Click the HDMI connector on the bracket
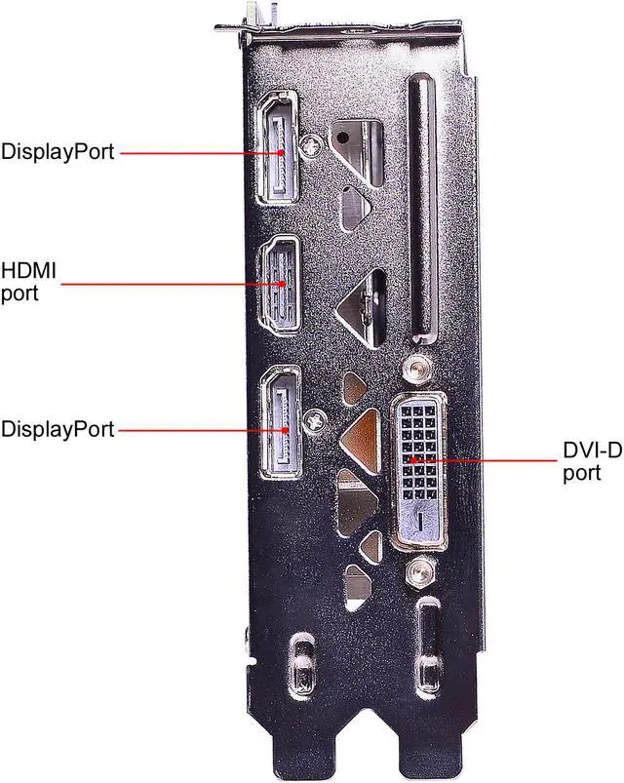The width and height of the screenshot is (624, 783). pos(282,284)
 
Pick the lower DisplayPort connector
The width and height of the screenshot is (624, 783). pos(282,427)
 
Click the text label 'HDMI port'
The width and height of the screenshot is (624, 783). pos(30,280)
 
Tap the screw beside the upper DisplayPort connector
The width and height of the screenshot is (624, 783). pos(313,145)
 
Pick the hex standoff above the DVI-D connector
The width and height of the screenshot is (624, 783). pos(417,369)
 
